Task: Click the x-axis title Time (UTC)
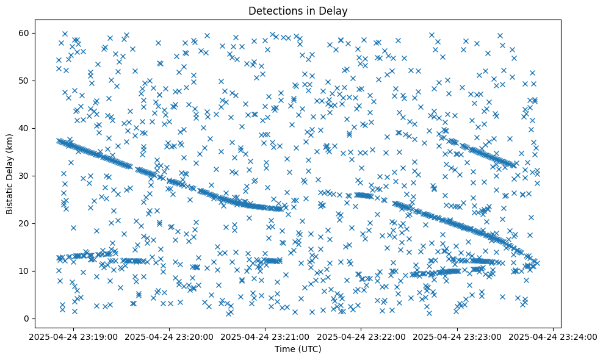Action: click(298, 350)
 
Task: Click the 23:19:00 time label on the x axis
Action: click(73, 337)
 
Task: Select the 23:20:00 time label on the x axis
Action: click(169, 337)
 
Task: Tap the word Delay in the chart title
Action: click(335, 10)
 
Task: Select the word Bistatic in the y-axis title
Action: click(10, 195)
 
